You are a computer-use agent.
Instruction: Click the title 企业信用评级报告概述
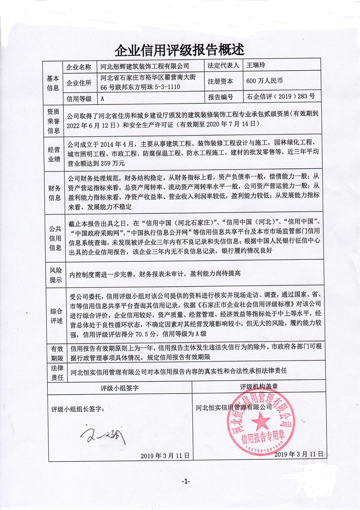(x=180, y=49)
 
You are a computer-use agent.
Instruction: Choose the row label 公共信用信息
(x=53, y=239)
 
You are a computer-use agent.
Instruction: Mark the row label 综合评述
(x=53, y=315)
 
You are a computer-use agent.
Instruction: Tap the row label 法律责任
(x=53, y=373)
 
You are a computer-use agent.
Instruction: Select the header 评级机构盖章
(x=259, y=387)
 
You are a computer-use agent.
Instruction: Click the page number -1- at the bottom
(x=186, y=482)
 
